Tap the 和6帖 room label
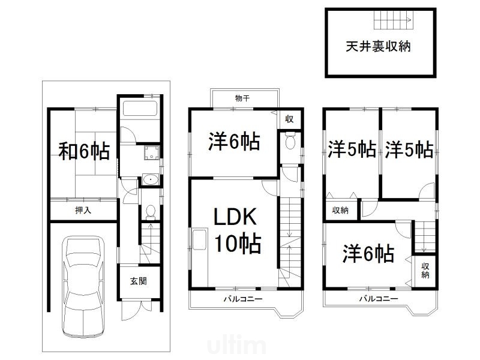84,152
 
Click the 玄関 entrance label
139,281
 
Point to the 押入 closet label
83,210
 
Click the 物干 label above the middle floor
242,98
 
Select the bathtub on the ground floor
139,109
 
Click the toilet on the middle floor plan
290,142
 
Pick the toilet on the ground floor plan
151,211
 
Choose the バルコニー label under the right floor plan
378,298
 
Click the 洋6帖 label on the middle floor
234,142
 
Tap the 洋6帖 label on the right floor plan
368,254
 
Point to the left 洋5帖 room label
352,149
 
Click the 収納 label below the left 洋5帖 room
340,210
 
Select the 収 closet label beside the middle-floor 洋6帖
289,119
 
